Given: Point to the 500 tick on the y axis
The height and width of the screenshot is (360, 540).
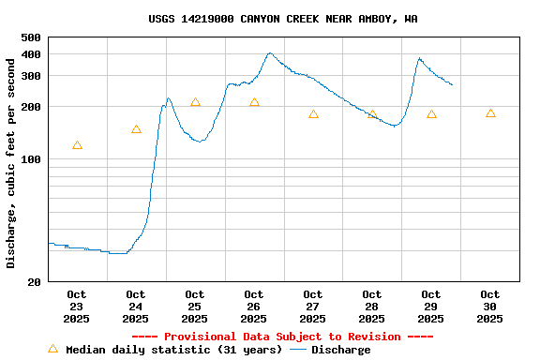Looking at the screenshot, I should pos(31,37).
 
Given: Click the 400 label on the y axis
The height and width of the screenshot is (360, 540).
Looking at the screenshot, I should pos(31,54).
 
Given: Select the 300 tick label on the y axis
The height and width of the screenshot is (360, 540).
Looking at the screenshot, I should pos(31,76).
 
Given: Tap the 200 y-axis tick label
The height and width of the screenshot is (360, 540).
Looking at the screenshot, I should pos(31,107).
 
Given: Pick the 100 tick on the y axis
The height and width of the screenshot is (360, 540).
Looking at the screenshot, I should pos(31,159).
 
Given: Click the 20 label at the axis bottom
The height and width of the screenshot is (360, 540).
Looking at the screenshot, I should pos(35,281).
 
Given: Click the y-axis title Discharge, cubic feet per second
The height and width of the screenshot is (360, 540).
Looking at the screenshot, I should pos(11,159).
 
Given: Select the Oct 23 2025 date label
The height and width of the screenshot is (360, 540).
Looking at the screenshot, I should pos(77,307).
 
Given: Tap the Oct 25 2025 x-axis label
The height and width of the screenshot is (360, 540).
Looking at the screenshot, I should pos(195,307).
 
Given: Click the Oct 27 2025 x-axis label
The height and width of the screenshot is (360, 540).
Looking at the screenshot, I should pos(313,307).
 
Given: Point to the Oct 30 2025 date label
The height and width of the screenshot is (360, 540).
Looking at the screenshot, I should pos(489,307).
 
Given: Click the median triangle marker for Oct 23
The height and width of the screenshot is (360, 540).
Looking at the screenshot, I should pos(77,145).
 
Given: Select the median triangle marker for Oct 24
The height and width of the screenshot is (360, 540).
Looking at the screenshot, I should pos(136,129).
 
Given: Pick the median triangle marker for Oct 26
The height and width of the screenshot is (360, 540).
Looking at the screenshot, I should pos(254,102).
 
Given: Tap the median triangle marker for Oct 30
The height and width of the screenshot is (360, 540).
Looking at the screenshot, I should pos(490,113).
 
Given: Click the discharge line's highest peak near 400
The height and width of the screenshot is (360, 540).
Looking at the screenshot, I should pos(270,53).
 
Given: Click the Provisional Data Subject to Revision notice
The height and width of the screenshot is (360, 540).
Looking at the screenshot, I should pos(282,337).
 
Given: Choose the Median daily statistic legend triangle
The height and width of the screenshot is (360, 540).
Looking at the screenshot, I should pos(52,349).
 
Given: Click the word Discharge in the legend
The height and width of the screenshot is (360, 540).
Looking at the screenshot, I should pos(340,350).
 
